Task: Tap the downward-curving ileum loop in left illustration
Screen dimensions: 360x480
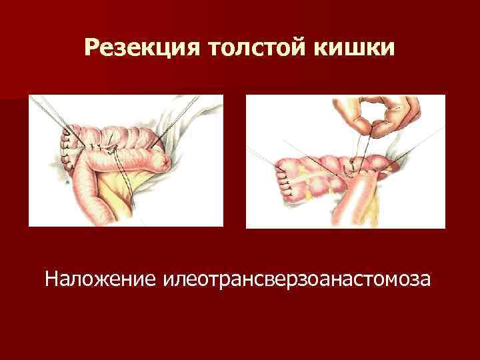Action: click(83, 193)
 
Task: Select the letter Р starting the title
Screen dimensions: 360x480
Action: click(94, 48)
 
